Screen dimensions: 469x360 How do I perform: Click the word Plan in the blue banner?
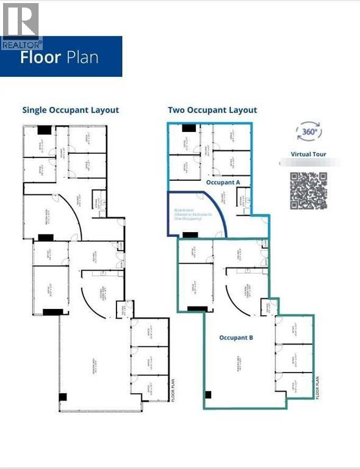click(81, 59)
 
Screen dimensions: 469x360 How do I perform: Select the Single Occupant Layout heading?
click(71, 110)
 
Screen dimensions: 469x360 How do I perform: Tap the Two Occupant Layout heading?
click(212, 110)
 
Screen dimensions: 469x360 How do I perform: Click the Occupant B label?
click(236, 337)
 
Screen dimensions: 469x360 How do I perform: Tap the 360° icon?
click(309, 131)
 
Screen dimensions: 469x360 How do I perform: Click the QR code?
click(309, 191)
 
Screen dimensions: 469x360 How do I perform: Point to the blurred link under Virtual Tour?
click(309, 163)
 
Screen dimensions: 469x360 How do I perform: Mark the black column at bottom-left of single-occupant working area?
click(63, 397)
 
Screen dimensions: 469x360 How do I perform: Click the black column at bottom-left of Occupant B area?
click(208, 394)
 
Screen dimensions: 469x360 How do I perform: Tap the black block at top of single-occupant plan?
click(45, 129)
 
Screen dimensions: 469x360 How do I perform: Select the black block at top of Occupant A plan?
click(189, 128)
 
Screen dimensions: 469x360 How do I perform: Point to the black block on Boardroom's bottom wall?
click(190, 234)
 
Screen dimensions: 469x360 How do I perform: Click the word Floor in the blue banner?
click(40, 59)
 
